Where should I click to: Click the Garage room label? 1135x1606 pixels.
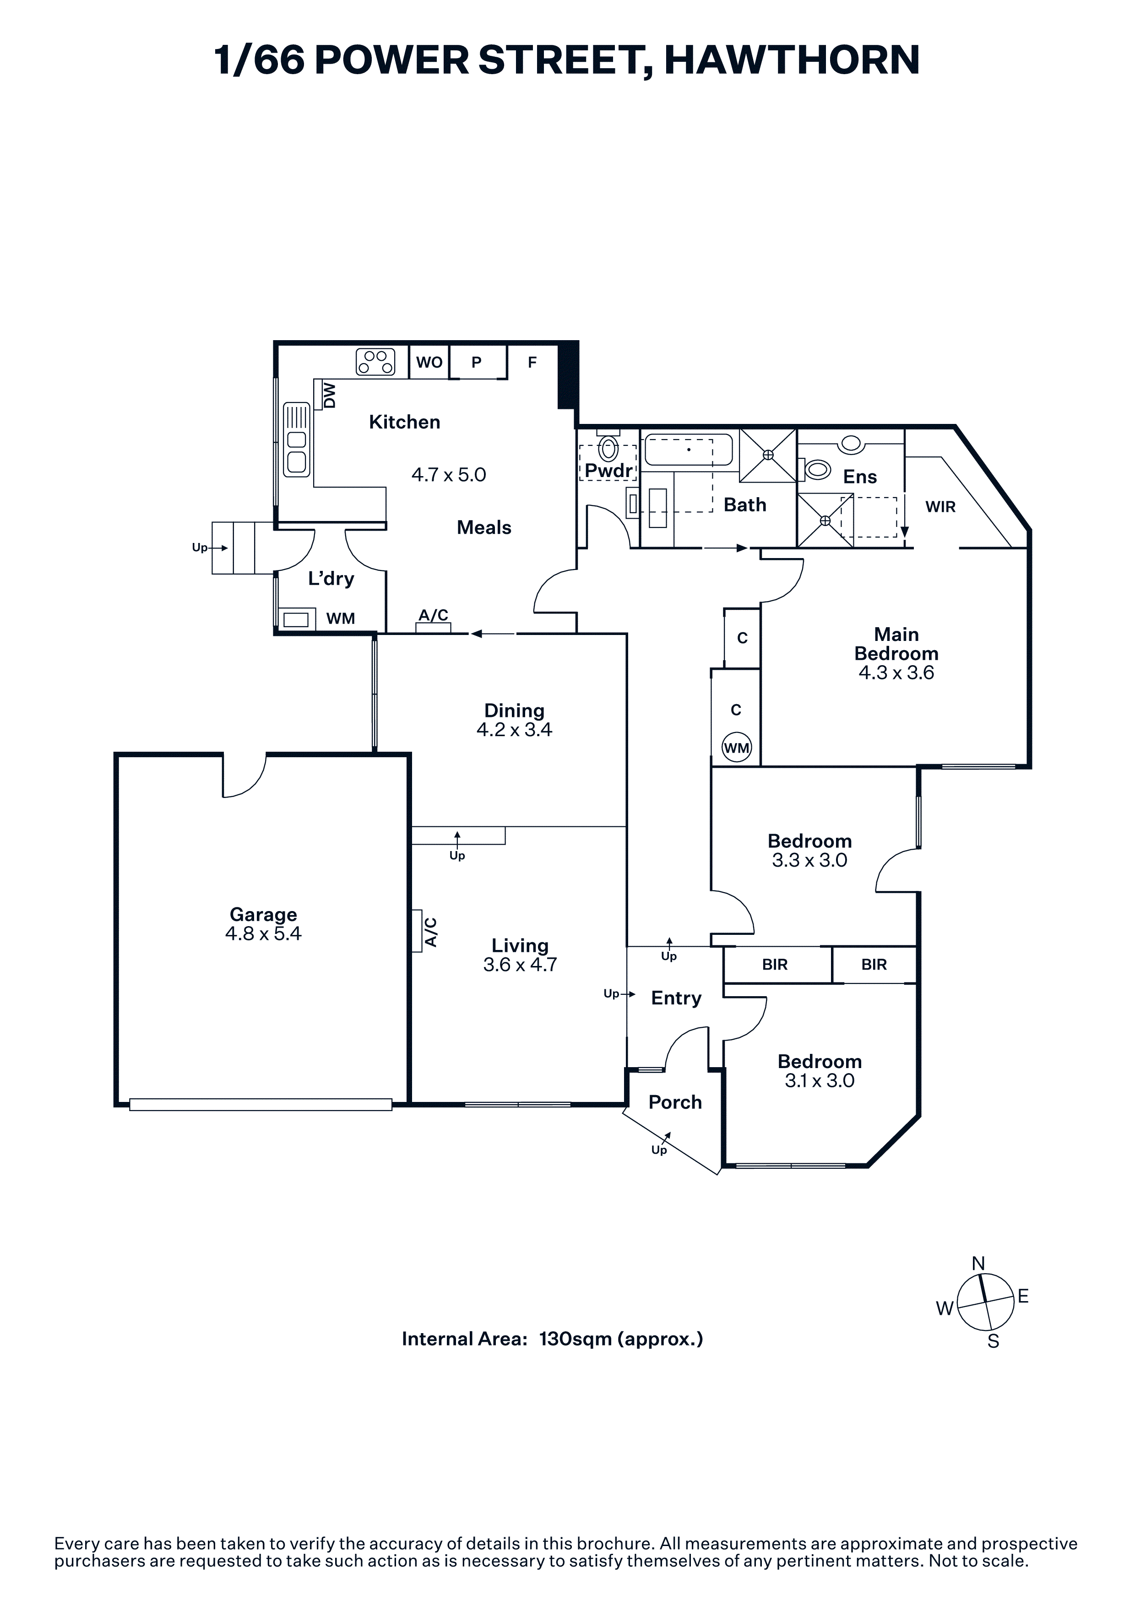[x=263, y=914]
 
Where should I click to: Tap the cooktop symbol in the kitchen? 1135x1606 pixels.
[x=375, y=362]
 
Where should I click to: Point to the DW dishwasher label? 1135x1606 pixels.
[x=329, y=395]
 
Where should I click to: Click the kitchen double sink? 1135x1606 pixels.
[x=297, y=439]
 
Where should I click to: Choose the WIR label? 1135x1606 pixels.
[x=940, y=507]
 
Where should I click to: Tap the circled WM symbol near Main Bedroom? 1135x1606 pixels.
[x=736, y=748]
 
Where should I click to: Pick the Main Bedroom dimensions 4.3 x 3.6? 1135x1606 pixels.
[x=896, y=673]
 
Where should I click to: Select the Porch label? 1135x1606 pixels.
[x=675, y=1102]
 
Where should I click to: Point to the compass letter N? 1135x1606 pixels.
[x=978, y=1263]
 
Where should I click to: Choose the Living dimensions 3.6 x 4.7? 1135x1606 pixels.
[x=520, y=965]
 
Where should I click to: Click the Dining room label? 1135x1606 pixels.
[x=514, y=711]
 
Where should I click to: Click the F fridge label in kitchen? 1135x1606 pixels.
[x=532, y=362]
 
